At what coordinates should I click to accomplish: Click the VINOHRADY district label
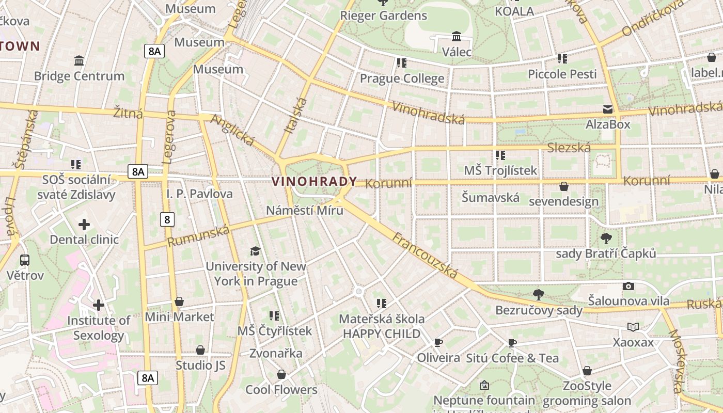tap(314, 182)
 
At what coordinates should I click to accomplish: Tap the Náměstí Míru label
tap(305, 211)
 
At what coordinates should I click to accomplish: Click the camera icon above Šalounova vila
tap(628, 286)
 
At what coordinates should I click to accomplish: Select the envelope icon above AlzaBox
tap(608, 109)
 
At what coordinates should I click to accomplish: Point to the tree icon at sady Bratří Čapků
tap(606, 239)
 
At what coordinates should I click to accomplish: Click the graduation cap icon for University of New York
tap(255, 251)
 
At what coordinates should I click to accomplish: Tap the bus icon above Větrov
tap(25, 260)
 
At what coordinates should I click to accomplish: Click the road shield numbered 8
tap(167, 219)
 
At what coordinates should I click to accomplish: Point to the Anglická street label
tap(233, 130)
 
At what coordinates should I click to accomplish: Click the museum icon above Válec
tap(457, 37)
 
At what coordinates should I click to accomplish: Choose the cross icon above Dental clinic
tap(84, 225)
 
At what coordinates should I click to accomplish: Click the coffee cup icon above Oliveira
tap(438, 342)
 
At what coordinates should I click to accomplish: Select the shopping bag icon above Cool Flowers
tap(281, 374)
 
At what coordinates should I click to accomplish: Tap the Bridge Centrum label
tap(79, 76)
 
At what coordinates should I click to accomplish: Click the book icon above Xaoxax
tap(633, 327)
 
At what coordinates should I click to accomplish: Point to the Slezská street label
tap(569, 148)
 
